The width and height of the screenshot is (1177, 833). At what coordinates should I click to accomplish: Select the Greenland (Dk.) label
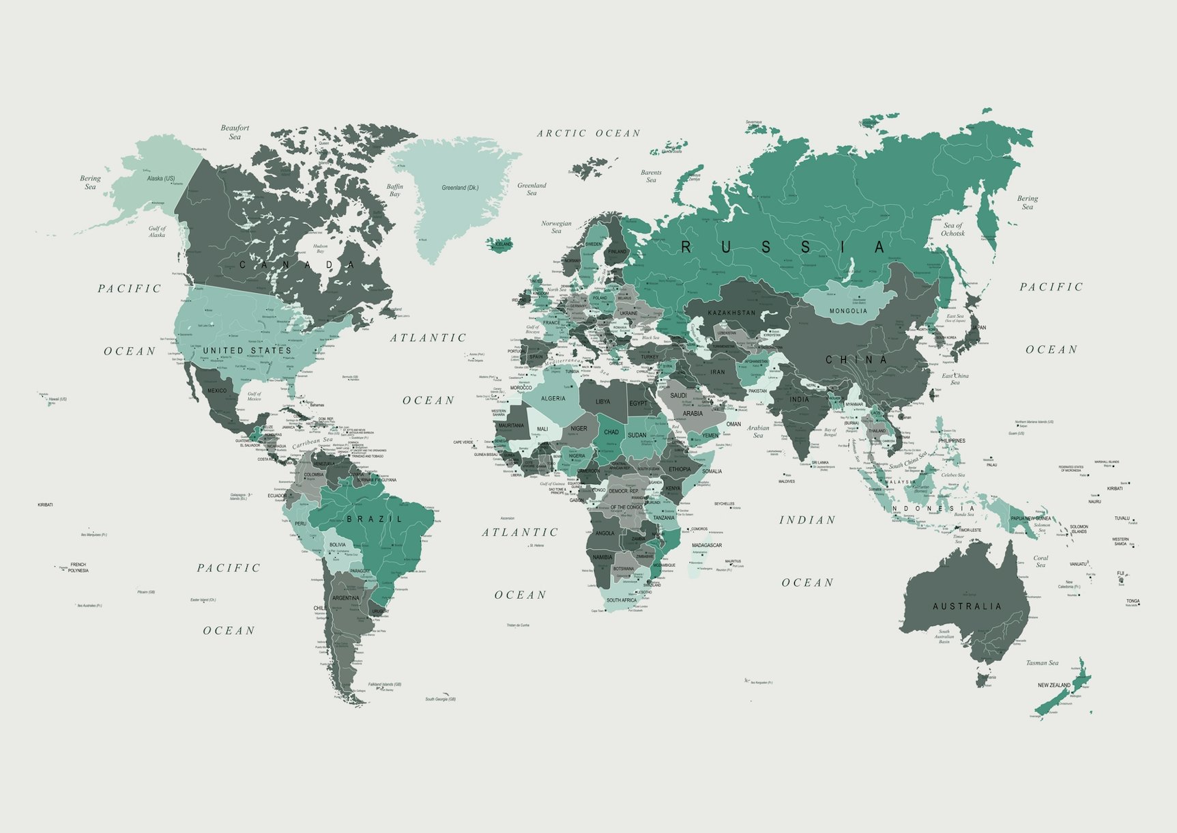click(x=460, y=188)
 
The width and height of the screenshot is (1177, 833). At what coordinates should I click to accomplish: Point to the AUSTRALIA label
click(x=967, y=606)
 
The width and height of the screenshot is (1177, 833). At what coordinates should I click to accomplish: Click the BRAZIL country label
click(x=375, y=519)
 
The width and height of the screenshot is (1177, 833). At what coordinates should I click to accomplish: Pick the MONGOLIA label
click(x=848, y=311)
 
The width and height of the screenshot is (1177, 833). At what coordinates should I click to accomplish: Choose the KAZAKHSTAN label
click(x=731, y=313)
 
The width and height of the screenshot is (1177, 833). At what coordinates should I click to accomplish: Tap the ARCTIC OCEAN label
click(x=589, y=134)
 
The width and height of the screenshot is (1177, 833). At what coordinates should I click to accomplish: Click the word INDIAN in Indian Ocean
click(x=807, y=520)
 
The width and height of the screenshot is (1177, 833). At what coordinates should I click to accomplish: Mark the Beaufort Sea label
click(x=235, y=132)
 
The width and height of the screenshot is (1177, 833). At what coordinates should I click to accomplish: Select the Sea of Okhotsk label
click(x=953, y=229)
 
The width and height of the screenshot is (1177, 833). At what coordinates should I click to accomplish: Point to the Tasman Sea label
click(x=1042, y=663)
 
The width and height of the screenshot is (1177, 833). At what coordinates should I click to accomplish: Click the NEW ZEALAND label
click(x=1054, y=685)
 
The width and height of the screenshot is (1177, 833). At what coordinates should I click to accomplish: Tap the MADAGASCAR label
click(x=707, y=545)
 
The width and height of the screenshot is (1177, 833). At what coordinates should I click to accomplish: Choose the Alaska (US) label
click(x=161, y=178)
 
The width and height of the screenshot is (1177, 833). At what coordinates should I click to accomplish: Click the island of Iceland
click(x=500, y=244)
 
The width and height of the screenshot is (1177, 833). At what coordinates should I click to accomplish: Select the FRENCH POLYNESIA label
click(x=78, y=567)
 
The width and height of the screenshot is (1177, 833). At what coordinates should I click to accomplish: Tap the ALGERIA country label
click(x=553, y=398)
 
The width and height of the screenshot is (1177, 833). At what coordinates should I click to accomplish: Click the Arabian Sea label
click(x=758, y=432)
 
